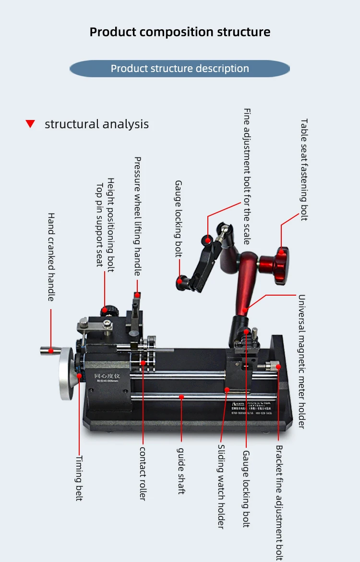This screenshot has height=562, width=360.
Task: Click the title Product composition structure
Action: pos(180,32)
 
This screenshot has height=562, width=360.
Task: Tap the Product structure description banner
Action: pos(180,68)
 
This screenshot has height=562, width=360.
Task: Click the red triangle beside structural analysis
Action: pos(30,124)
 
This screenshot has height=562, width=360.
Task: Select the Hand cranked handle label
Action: pos(51,257)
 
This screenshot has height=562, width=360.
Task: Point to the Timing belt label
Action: pos(79,478)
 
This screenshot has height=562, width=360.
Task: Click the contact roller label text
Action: pos(143,473)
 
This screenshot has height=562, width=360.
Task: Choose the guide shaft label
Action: pos(181,471)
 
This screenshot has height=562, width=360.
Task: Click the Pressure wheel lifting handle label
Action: pos(138,216)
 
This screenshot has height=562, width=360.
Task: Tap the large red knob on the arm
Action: pos(278,259)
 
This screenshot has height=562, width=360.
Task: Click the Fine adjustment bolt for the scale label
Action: pos(247,176)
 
